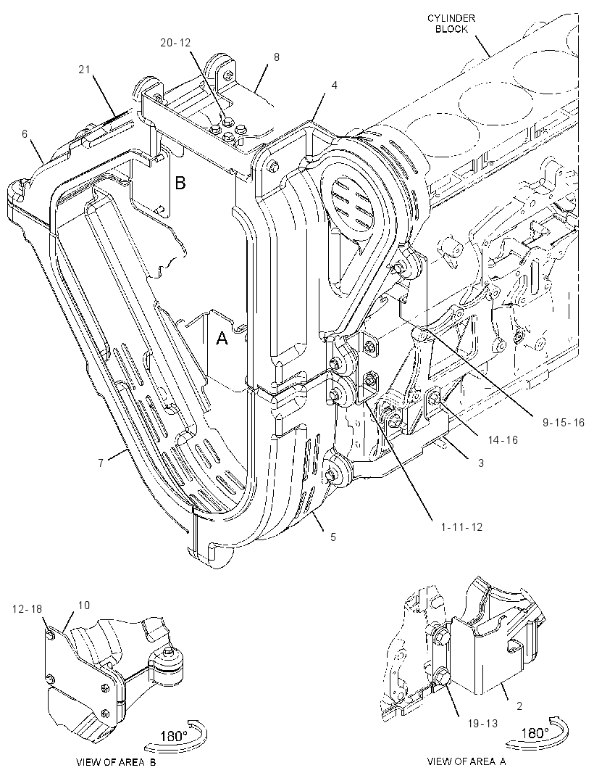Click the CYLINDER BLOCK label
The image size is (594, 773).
451,24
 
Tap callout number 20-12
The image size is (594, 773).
175,43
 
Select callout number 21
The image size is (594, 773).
85,70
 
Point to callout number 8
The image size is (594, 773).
276,57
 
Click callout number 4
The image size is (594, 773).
335,86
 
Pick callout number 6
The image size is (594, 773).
25,133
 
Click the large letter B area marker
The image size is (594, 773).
180,183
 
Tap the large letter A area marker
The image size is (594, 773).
222,338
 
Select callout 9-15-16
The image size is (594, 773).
564,423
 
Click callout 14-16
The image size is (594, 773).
503,439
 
